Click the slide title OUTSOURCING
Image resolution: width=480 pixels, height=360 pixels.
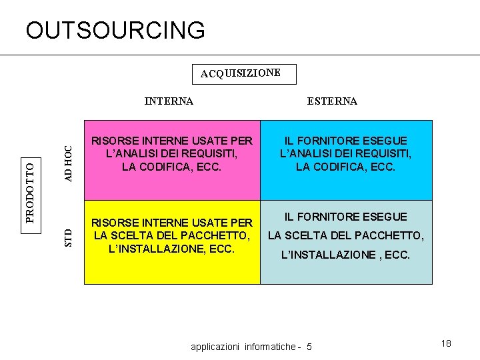(x=115, y=30)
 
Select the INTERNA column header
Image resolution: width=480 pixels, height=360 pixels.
(x=169, y=101)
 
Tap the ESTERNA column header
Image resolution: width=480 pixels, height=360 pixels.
(x=332, y=101)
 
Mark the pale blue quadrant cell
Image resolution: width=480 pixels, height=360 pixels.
(x=346, y=270)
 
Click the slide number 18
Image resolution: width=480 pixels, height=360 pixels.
(x=446, y=343)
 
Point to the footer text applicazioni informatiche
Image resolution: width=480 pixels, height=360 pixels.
(x=243, y=347)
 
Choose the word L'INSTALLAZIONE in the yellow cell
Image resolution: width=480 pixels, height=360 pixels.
(x=148, y=249)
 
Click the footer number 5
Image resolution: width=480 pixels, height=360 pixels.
(x=309, y=347)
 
